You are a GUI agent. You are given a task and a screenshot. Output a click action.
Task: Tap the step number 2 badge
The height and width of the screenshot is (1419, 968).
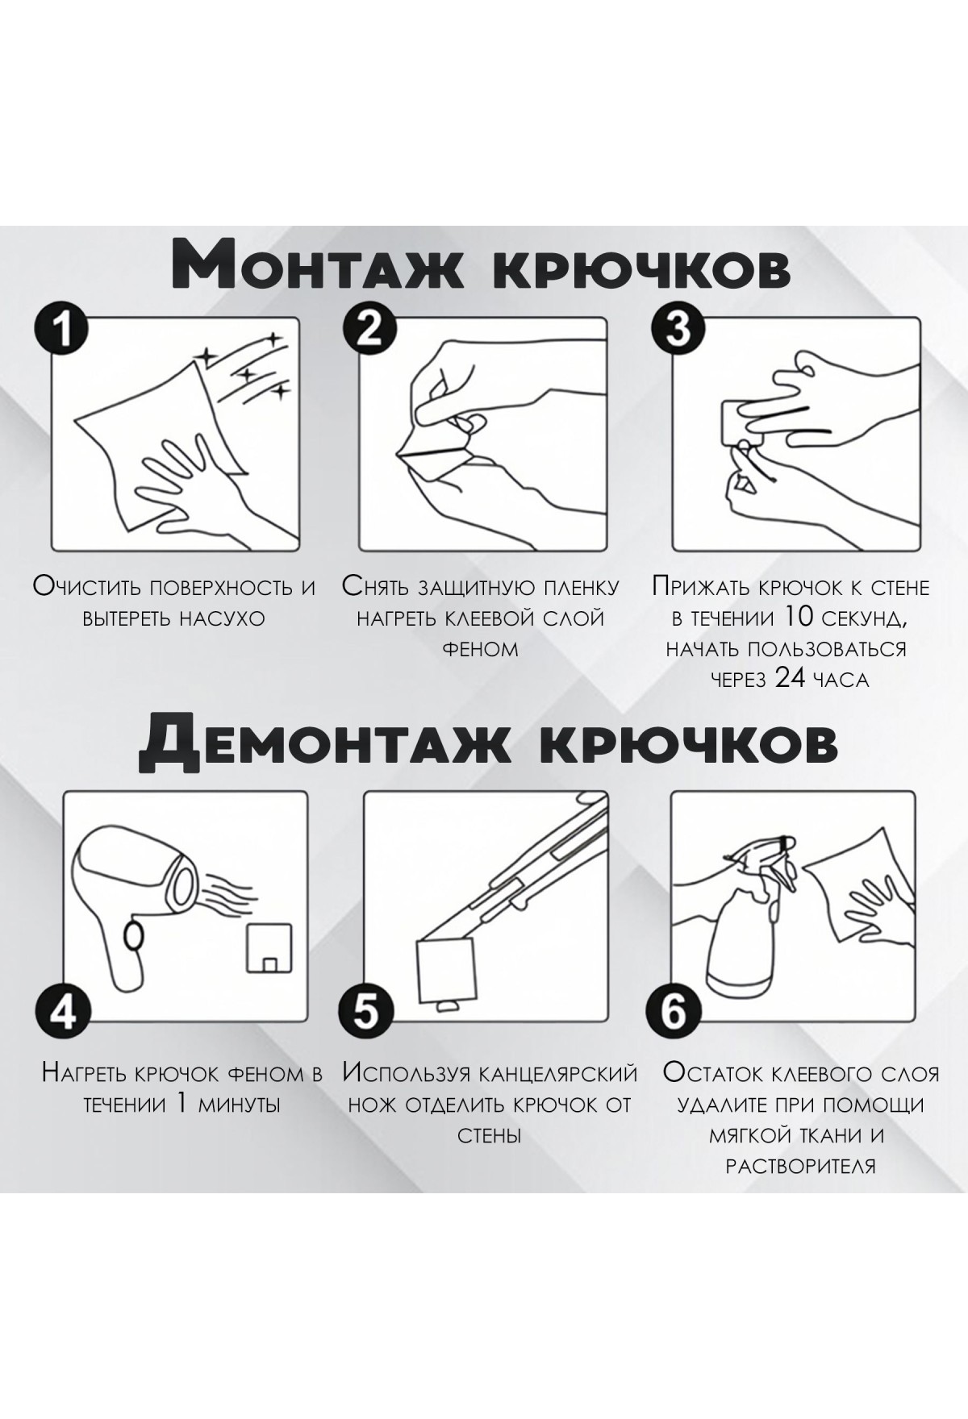point(370,331)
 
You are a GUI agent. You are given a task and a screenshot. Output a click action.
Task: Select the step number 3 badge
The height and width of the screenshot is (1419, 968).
point(678,331)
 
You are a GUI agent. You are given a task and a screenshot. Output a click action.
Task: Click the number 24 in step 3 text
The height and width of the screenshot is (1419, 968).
point(790,678)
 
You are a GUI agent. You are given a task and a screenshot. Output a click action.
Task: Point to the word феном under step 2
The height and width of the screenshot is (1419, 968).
point(481,650)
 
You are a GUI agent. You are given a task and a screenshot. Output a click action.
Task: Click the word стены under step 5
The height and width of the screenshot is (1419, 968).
point(489,1135)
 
